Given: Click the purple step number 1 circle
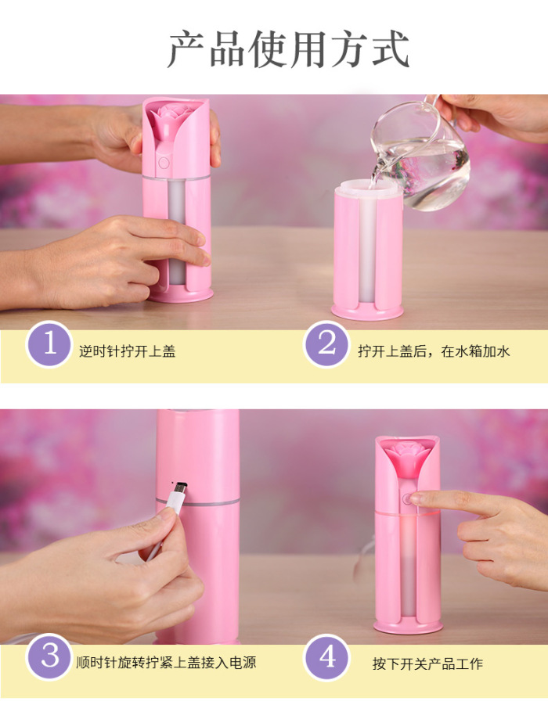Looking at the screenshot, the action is [49, 344].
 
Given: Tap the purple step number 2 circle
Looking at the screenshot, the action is [326, 344].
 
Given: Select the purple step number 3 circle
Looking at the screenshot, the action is [49, 656].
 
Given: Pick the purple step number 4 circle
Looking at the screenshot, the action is [327, 657].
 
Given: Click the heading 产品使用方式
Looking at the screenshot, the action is [289, 49].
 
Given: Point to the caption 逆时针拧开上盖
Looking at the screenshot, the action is [128, 351].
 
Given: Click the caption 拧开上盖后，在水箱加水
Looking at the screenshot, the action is [434, 351].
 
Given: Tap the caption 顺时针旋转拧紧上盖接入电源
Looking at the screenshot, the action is [166, 663].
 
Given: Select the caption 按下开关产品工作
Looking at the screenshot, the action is [427, 663].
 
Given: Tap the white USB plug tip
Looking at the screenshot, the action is [178, 491].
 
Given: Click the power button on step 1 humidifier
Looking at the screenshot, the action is [164, 163].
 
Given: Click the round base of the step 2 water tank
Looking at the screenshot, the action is [367, 311].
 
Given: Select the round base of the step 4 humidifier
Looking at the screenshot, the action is [408, 626].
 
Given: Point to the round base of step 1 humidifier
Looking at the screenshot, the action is [180, 295].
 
